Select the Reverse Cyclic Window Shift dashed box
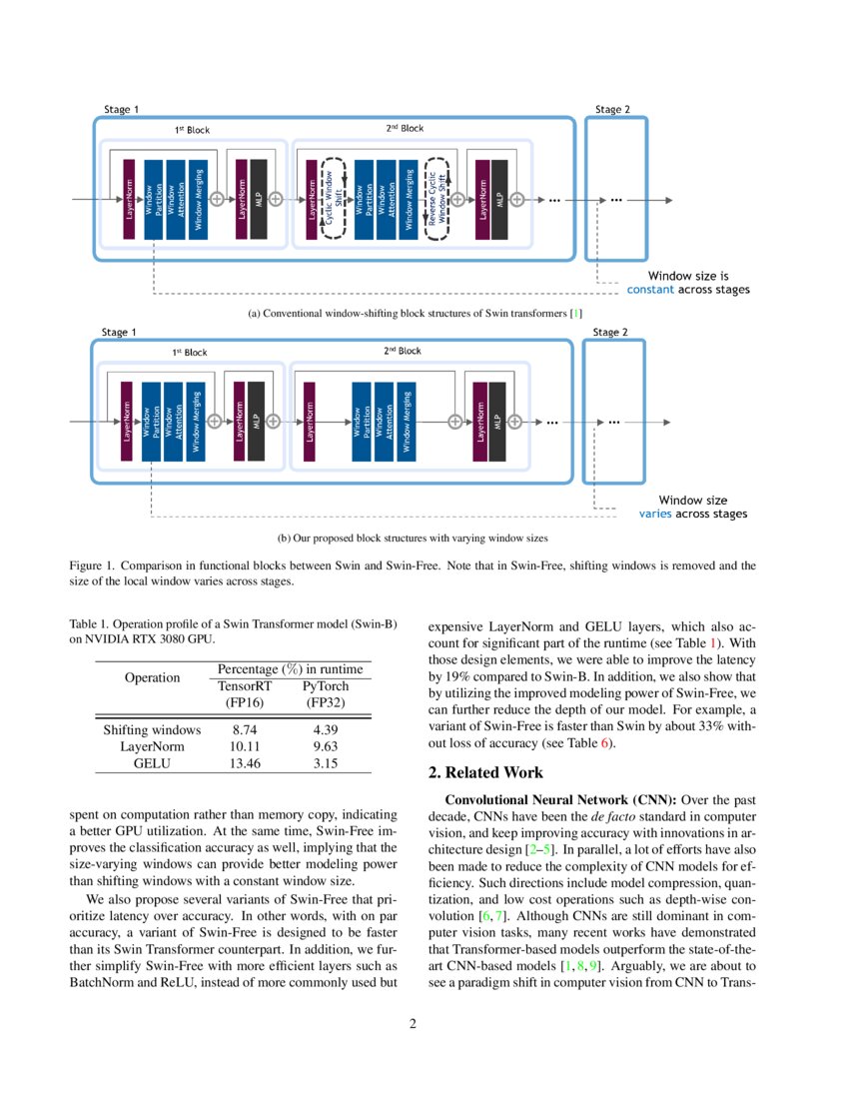[437, 198]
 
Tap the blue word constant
[650, 290]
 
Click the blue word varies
[656, 515]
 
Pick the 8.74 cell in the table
[245, 730]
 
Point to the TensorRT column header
[245, 686]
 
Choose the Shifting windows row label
[152, 730]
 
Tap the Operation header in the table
[152, 677]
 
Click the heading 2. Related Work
[485, 772]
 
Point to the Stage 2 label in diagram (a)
[611, 110]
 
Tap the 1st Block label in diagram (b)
[189, 352]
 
